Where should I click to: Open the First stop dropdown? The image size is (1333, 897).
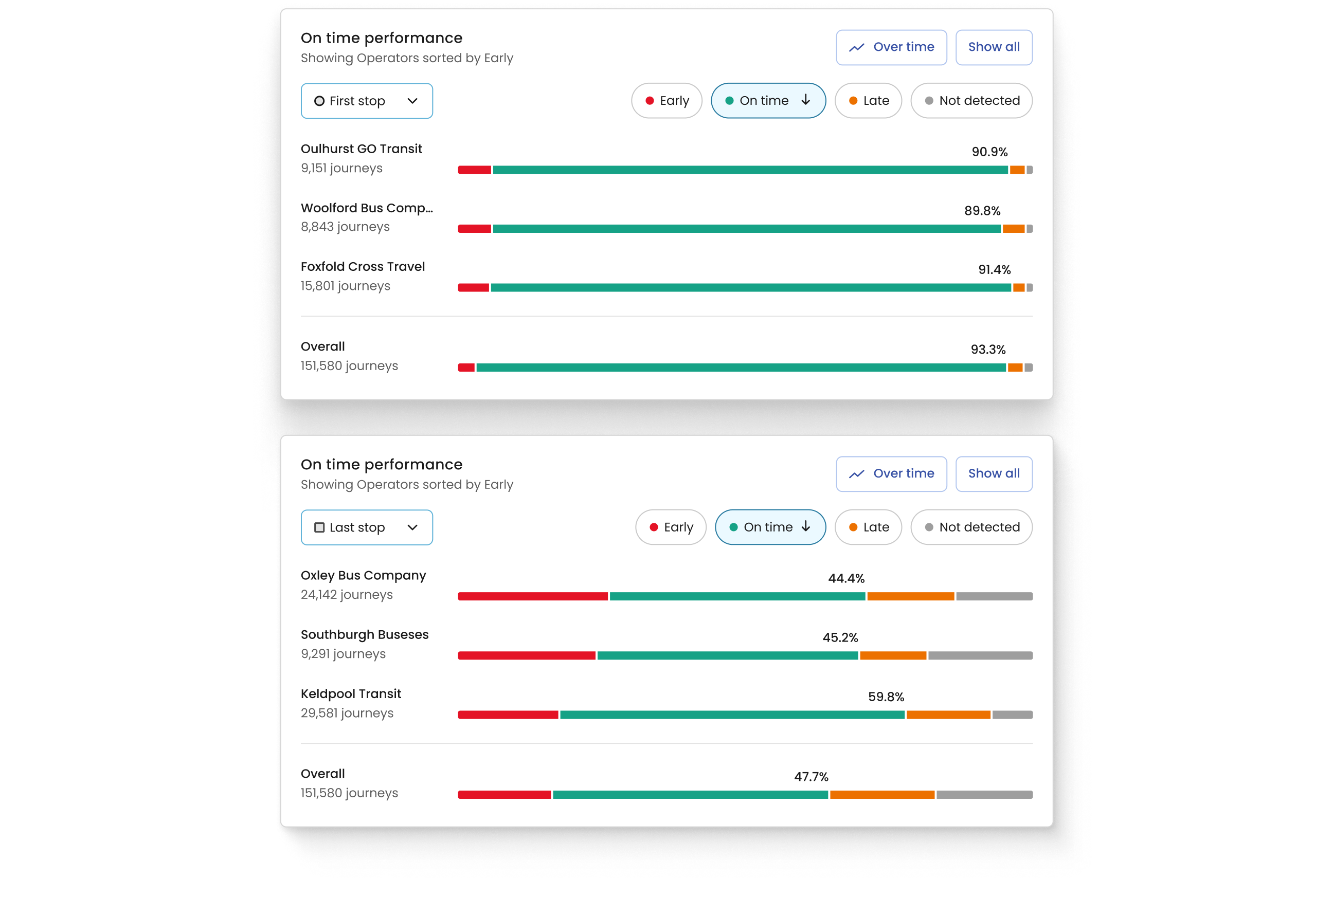click(x=366, y=101)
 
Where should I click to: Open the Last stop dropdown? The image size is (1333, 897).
click(x=366, y=527)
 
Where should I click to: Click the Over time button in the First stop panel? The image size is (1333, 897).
click(x=891, y=47)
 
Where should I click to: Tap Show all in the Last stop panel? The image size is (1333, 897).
click(x=994, y=473)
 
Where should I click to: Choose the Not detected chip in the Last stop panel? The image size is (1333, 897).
click(x=971, y=527)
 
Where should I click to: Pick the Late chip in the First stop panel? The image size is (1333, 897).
click(x=868, y=101)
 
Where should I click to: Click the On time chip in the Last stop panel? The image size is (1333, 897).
click(x=770, y=527)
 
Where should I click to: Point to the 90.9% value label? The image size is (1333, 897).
click(x=989, y=152)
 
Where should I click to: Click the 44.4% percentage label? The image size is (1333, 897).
click(x=846, y=579)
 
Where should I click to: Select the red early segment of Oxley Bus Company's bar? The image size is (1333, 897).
click(x=532, y=597)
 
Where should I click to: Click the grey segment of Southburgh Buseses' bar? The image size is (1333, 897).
click(x=980, y=655)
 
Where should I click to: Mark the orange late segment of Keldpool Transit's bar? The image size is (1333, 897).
click(x=948, y=715)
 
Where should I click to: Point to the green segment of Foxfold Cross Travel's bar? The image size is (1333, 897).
click(x=750, y=288)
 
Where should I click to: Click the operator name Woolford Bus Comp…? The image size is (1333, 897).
click(x=366, y=208)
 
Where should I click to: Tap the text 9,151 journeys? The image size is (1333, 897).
click(x=341, y=169)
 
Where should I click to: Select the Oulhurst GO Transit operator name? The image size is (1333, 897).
click(x=361, y=149)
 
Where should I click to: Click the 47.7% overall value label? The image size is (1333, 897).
click(x=810, y=777)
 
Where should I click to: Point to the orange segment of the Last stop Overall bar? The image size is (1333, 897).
click(x=882, y=795)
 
